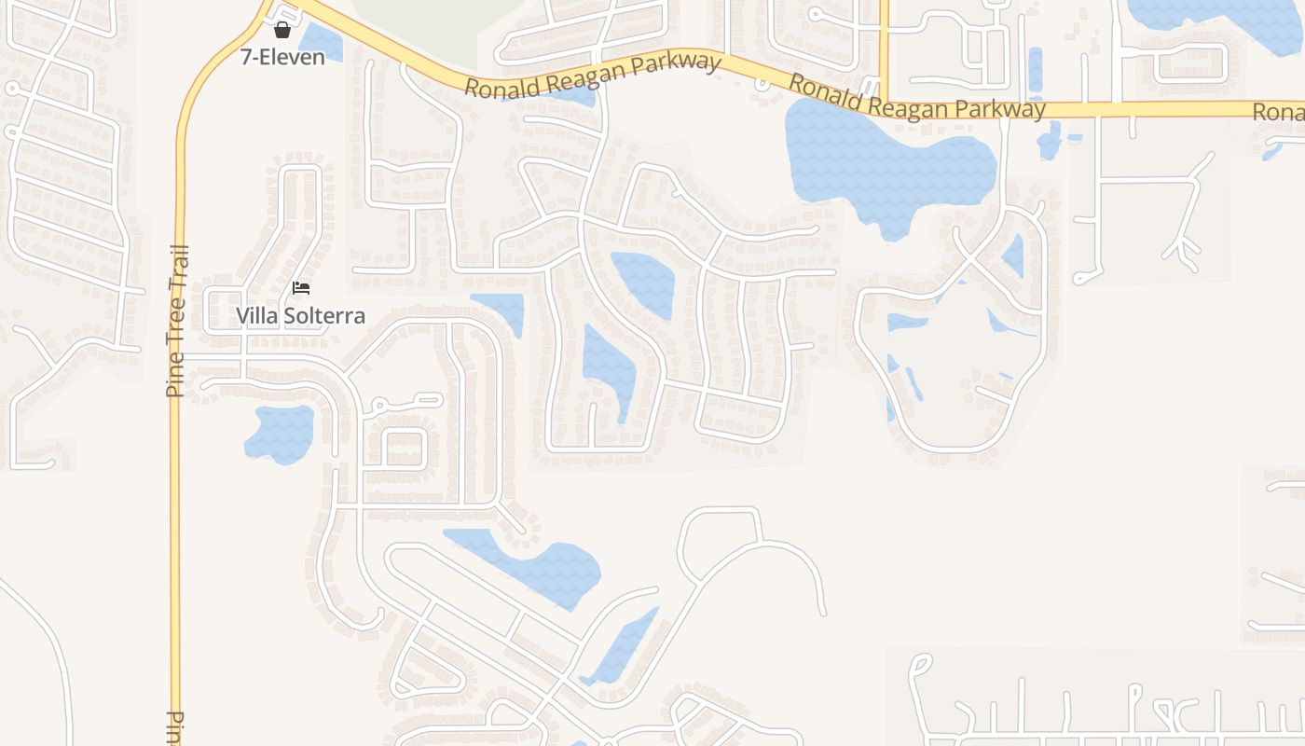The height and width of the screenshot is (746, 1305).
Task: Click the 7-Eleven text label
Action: pos(282,57)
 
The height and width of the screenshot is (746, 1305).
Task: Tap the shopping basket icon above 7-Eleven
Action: pos(282,30)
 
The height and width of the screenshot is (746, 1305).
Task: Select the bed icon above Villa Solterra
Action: pos(300,287)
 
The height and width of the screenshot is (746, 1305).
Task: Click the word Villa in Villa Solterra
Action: pos(256,316)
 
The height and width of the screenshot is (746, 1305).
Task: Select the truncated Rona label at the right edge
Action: pos(1279,112)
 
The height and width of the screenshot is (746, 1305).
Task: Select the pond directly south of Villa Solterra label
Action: pos(280,434)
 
